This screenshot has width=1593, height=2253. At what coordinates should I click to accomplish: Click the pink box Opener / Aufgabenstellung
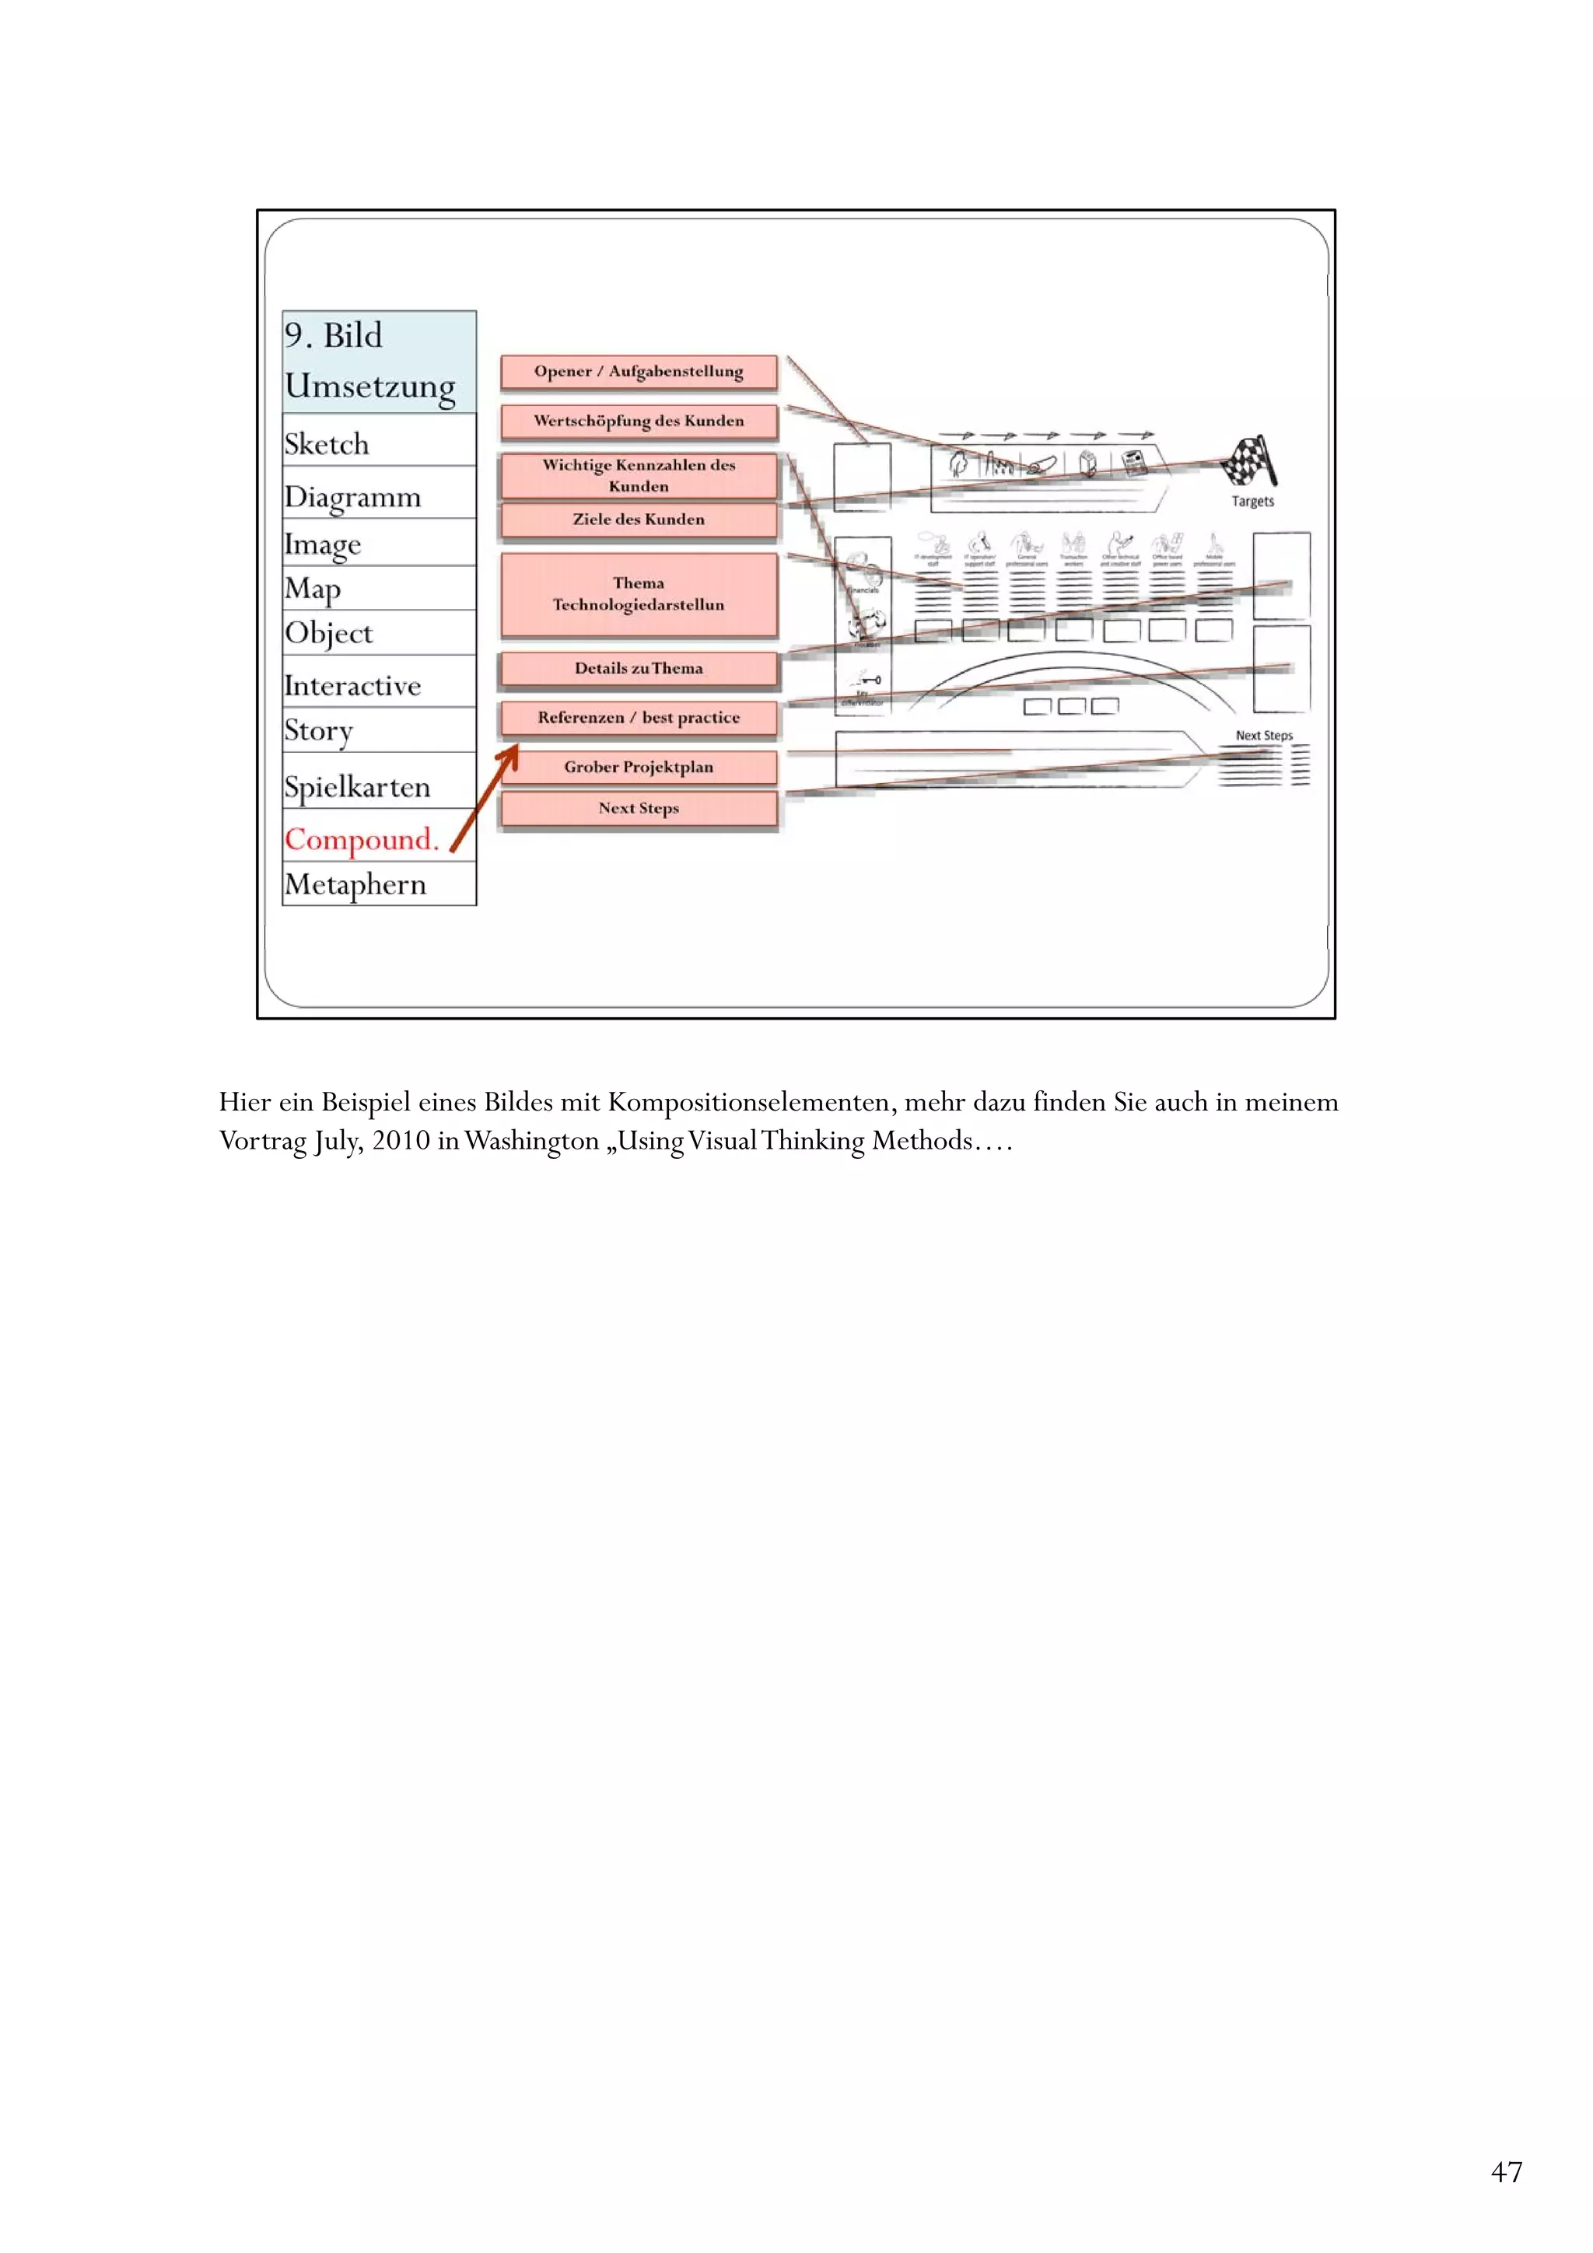[x=638, y=372]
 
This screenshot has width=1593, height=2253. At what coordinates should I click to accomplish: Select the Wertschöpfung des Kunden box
[x=638, y=421]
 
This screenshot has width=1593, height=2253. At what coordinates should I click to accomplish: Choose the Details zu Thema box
[x=638, y=668]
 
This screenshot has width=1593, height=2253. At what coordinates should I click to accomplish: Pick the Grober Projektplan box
[x=638, y=768]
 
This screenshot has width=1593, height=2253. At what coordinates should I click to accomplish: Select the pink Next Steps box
[x=638, y=809]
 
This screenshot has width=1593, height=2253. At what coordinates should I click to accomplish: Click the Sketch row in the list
[x=327, y=445]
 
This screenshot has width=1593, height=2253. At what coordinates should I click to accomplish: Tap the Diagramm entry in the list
[x=352, y=498]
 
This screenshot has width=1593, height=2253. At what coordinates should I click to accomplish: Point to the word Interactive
[x=352, y=686]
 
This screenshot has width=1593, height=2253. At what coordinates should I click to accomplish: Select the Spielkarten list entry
[x=357, y=787]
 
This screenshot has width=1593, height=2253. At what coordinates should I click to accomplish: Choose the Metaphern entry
[x=355, y=885]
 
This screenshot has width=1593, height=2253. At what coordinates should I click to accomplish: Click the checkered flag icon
[x=1249, y=460]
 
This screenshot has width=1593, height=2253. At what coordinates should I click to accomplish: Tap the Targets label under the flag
[x=1252, y=502]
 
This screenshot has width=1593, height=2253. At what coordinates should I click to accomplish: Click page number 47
[x=1506, y=2171]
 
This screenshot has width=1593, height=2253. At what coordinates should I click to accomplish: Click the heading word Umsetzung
[x=370, y=387]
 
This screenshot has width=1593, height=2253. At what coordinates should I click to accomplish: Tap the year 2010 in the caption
[x=401, y=1141]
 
